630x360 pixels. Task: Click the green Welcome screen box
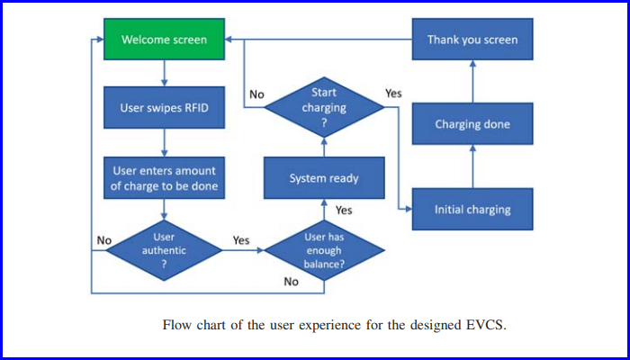coord(164,40)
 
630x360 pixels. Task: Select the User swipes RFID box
coord(164,108)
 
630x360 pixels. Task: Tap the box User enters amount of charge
coord(164,176)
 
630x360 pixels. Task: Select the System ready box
coord(323,178)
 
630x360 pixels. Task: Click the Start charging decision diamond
coord(323,107)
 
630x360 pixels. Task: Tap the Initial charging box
coord(472,209)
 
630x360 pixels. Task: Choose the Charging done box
coord(472,124)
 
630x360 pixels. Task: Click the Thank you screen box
coord(472,40)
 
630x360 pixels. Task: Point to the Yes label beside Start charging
coord(393,93)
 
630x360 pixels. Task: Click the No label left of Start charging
coord(256,94)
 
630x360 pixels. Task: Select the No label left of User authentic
coord(103,240)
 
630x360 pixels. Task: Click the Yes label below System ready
coord(344,210)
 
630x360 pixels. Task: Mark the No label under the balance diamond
coord(291,282)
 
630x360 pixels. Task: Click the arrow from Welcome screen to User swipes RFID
coord(164,73)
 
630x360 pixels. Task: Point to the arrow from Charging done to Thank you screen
coord(472,82)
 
